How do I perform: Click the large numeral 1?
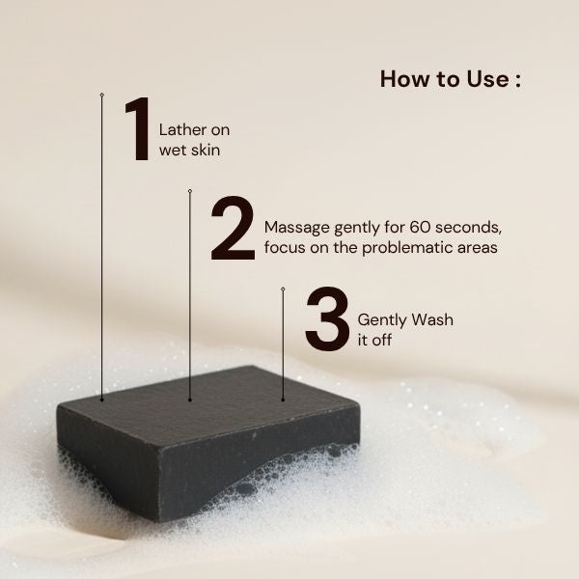pos(138,128)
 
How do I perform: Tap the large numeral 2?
pos(233,229)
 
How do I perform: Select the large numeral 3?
pos(326,318)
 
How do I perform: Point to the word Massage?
pos(295,228)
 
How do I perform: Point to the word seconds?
pos(468,228)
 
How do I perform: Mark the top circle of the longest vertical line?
pos(101,95)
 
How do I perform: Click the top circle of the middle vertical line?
pos(190,191)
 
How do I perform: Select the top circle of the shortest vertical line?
pos(283,289)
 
